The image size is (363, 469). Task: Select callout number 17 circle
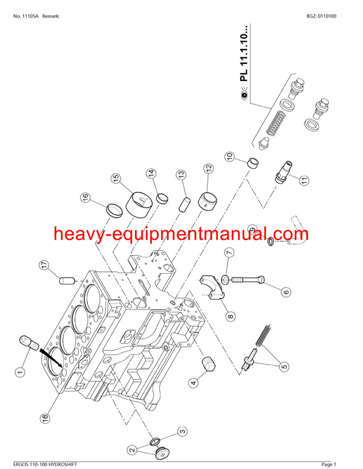44,265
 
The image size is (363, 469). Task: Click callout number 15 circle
116,179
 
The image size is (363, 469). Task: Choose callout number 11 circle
304,180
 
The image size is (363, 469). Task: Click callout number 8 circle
231,315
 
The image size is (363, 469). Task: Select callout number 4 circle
194,381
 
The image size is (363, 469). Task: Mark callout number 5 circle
284,366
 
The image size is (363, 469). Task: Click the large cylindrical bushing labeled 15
138,205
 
